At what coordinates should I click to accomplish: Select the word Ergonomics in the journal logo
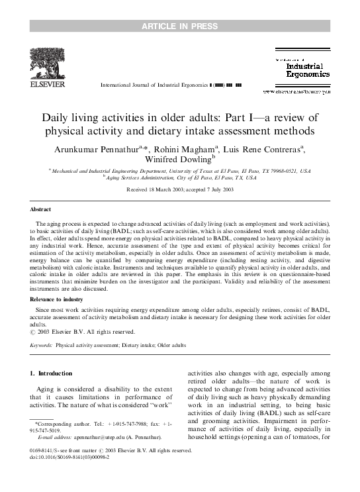(x=308, y=75)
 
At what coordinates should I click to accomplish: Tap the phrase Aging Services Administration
(x=147, y=177)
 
